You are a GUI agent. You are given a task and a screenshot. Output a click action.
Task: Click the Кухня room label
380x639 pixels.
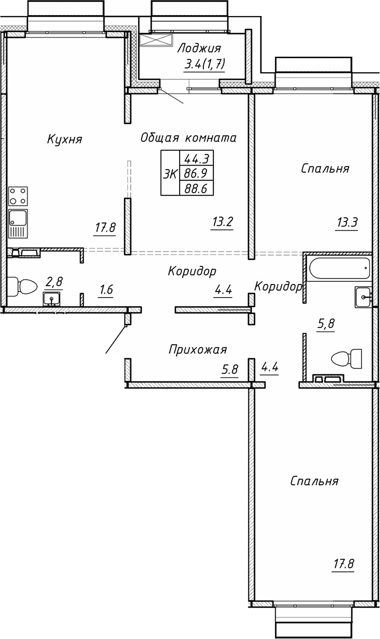(64, 139)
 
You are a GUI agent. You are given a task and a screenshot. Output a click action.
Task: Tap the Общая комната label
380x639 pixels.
(188, 138)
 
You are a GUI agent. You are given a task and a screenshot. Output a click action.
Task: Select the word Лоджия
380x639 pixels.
(199, 49)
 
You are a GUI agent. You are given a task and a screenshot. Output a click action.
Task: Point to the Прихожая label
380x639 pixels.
(198, 349)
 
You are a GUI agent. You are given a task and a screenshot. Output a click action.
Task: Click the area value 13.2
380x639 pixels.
(222, 222)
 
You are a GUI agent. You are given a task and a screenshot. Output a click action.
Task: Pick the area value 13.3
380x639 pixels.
(346, 222)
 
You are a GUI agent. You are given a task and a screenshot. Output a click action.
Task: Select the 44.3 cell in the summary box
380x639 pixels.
(197, 159)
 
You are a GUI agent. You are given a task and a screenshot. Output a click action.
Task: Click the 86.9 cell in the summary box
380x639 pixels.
(197, 174)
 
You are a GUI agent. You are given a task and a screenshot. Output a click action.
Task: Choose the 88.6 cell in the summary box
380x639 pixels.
(197, 188)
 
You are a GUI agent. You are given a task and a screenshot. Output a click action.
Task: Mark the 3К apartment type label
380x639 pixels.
(170, 174)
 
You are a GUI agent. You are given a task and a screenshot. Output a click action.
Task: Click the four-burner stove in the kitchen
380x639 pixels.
(18, 196)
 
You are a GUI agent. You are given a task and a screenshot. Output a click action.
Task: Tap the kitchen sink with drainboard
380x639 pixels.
(18, 224)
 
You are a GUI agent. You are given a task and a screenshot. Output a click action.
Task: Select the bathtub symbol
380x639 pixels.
(338, 269)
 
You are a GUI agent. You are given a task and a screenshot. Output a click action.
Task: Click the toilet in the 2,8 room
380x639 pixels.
(23, 287)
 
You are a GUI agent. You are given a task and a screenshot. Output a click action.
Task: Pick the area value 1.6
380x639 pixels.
(106, 291)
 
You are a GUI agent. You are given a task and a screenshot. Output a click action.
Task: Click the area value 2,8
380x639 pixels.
(54, 283)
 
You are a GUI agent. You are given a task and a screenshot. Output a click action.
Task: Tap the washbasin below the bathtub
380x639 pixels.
(363, 297)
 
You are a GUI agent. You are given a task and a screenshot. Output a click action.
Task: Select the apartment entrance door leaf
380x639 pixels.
(115, 339)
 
